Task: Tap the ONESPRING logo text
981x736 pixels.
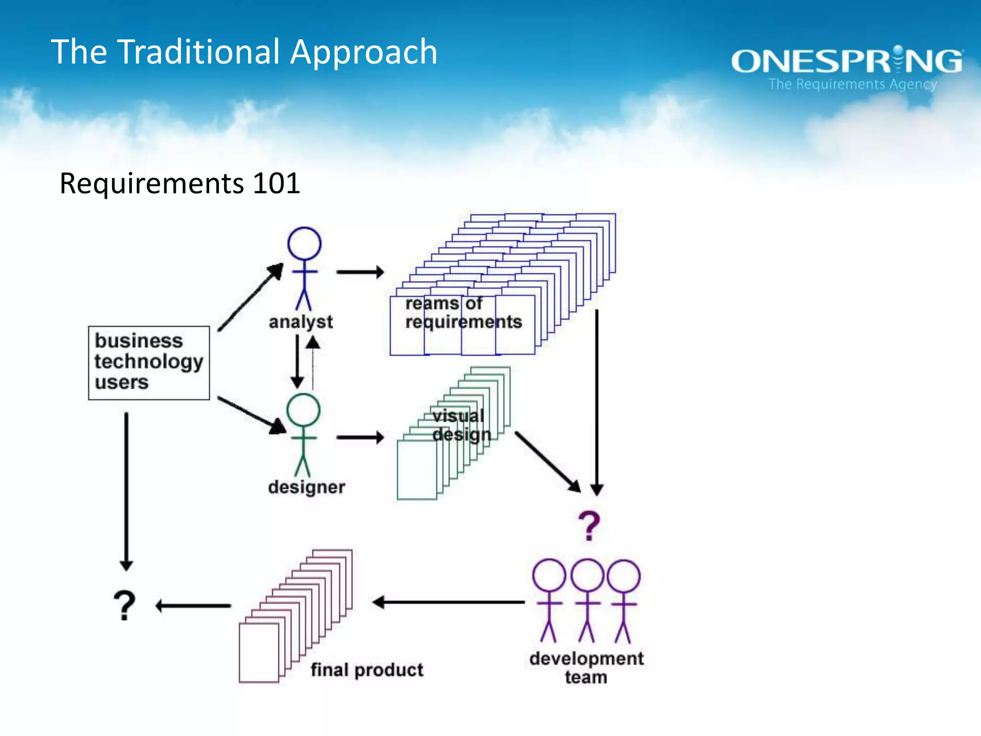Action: point(846,61)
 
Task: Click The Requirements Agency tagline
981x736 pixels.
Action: point(853,84)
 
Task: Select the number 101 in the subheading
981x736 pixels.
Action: point(276,184)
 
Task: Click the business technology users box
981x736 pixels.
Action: point(149,363)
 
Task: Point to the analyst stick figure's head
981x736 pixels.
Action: point(304,243)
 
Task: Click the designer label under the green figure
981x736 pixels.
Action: point(307,487)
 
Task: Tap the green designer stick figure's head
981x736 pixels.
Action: point(303,410)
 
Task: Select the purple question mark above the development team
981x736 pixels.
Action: point(589,526)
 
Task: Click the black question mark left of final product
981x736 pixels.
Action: point(125,606)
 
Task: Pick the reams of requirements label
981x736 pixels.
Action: point(463,312)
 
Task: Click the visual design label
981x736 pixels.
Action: point(461,425)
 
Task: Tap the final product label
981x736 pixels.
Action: point(367,670)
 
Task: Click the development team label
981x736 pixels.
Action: point(586,667)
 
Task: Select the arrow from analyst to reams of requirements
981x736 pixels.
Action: point(360,272)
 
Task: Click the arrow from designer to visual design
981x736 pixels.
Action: point(360,437)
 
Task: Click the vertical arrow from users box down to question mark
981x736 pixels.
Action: point(126,491)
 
